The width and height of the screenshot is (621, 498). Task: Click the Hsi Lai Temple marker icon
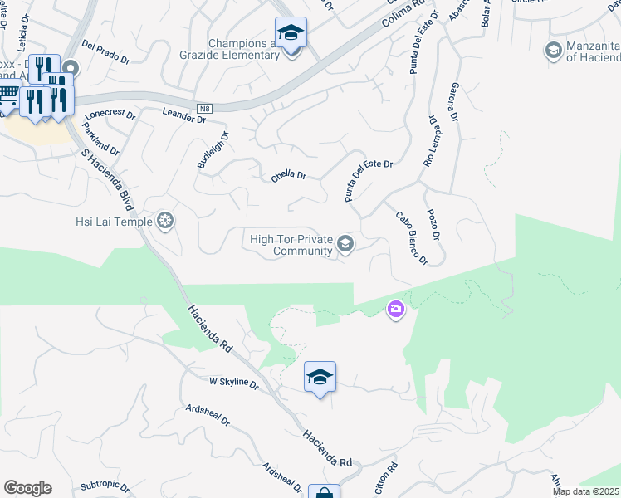[165, 221]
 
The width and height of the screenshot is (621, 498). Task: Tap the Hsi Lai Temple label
[113, 222]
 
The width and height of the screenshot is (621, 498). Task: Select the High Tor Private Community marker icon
[345, 244]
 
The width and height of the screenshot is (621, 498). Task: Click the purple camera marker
[396, 310]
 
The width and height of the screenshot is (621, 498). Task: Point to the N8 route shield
[204, 108]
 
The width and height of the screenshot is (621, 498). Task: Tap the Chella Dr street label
[290, 177]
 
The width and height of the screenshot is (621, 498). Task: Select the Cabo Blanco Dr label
[411, 237]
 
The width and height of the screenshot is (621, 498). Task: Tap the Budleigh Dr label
[212, 150]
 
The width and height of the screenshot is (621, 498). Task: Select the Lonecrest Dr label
[110, 114]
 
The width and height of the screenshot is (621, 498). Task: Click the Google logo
[27, 488]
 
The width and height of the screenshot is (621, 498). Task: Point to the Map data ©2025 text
[586, 491]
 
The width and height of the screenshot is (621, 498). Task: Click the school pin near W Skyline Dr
[320, 378]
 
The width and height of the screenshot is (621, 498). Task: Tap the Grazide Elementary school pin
[291, 34]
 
